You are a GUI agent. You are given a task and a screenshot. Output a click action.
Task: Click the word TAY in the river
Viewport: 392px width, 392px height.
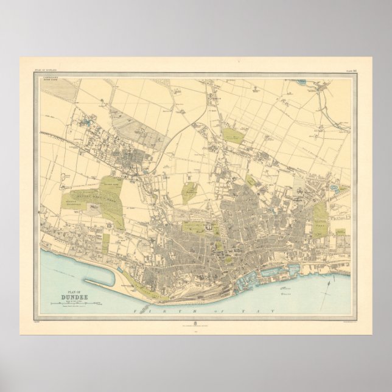tap(263, 311)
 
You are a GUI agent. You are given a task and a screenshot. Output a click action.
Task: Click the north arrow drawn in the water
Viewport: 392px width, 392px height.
tap(329, 281)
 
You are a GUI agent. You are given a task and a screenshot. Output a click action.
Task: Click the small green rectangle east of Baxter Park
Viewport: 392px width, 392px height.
tap(340, 232)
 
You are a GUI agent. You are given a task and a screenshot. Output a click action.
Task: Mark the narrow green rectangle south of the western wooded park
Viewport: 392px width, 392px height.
tap(105, 243)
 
